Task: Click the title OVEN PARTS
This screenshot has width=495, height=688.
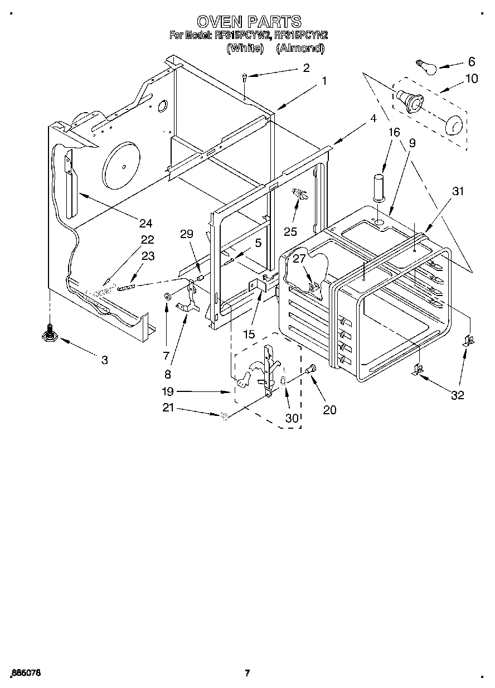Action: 249,22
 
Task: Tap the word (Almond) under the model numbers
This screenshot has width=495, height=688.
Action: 300,48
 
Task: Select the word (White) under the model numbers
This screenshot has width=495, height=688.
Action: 245,48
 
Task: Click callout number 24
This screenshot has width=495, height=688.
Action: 145,223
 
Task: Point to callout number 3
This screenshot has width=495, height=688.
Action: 104,360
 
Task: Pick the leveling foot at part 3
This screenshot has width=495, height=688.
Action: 50,334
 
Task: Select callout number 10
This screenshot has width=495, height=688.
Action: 471,79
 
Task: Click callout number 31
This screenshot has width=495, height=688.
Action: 458,191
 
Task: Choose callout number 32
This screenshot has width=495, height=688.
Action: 458,395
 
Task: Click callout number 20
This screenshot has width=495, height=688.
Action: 329,410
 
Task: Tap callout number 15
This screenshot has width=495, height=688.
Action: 249,334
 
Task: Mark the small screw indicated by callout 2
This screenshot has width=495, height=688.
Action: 245,78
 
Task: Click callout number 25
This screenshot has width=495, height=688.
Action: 290,231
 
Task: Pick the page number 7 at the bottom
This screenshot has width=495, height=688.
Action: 246,673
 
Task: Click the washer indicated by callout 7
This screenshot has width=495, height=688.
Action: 167,295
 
